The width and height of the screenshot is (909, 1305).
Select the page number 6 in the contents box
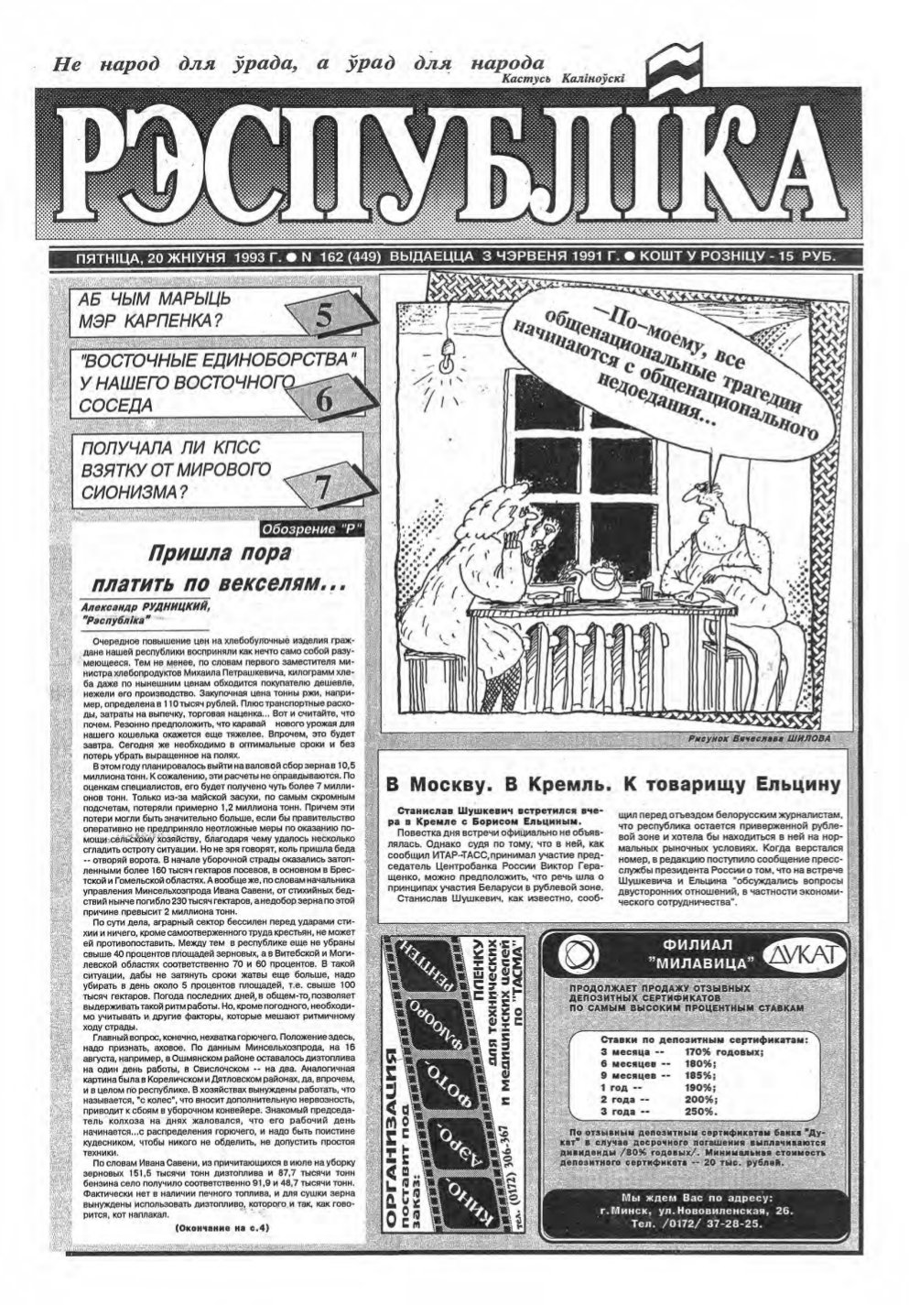click(323, 400)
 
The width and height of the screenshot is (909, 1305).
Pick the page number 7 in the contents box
click(323, 489)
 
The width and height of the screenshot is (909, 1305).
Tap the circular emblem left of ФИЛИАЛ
click(579, 955)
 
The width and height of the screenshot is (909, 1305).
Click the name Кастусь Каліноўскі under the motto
click(563, 79)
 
